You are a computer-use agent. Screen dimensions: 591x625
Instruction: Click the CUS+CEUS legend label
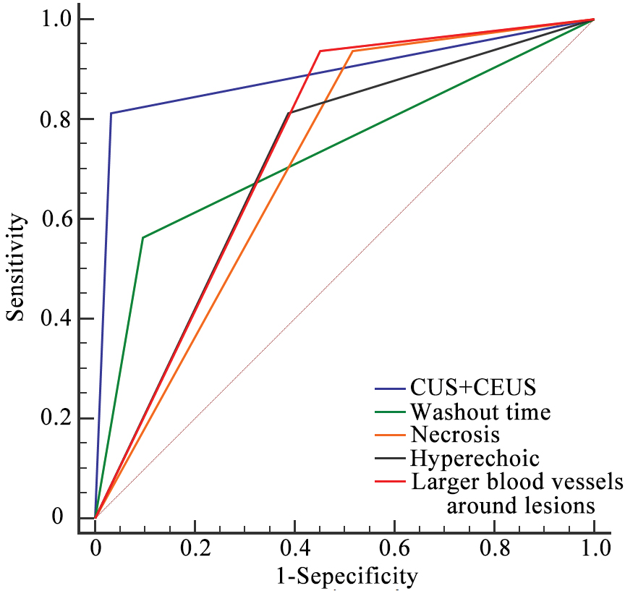473,388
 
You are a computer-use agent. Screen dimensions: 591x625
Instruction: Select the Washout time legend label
480,412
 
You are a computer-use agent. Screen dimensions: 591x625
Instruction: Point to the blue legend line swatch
390,389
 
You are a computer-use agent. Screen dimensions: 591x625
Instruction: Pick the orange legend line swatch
390,435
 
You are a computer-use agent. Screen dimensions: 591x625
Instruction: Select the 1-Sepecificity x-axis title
346,577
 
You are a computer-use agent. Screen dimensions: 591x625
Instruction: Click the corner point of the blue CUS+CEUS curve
111,113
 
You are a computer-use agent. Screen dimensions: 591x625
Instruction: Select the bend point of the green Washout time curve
143,237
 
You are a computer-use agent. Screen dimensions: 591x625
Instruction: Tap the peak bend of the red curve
320,51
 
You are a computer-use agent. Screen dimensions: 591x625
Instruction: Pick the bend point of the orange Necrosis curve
352,51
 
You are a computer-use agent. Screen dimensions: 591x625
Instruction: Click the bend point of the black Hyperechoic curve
289,113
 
